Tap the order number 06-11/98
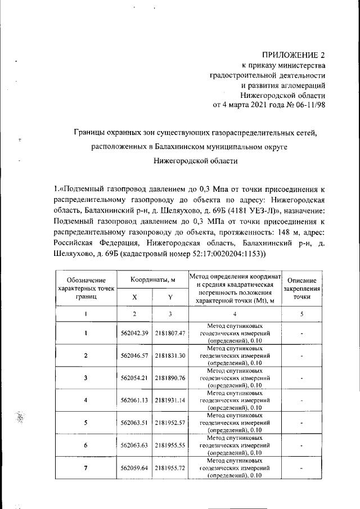pos(308,105)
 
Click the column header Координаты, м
pos(154,280)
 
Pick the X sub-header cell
pos(134,297)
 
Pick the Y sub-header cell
pos(170,297)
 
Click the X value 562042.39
pos(134,334)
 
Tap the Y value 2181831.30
pos(170,355)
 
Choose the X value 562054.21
pos(134,377)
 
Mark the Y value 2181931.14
pos(170,400)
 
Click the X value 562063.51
pos(134,422)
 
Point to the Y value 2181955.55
pos(170,445)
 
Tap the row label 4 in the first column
pos(85,400)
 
